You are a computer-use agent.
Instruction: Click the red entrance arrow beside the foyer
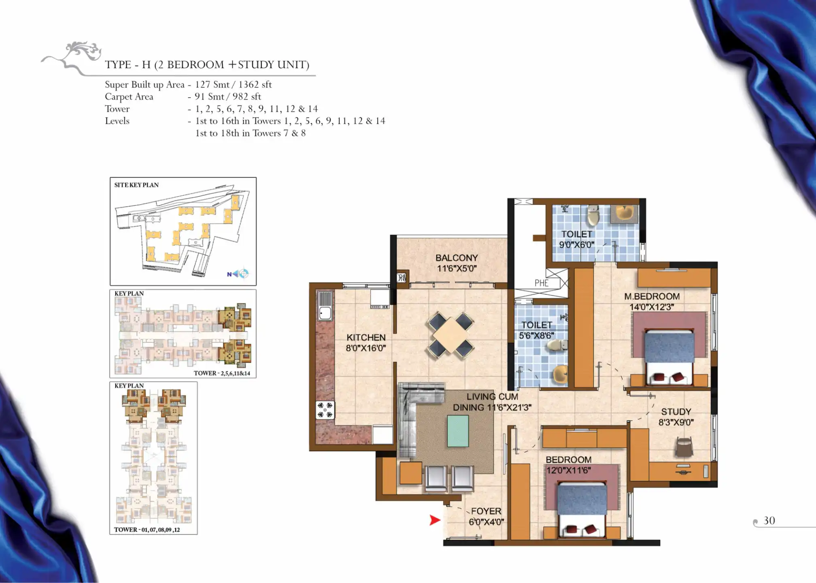tap(435, 520)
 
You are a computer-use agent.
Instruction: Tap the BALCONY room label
tap(457, 258)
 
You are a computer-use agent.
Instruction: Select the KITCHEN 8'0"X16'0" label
tap(366, 343)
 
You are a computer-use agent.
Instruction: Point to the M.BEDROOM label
tap(652, 296)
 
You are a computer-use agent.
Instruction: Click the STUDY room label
tap(676, 412)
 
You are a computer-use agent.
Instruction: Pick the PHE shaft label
tap(542, 283)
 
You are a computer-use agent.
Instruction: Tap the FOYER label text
tap(486, 511)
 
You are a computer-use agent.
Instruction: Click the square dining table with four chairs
tap(450, 336)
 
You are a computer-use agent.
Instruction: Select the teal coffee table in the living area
tap(458, 432)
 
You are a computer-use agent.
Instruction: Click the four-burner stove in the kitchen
tap(325, 410)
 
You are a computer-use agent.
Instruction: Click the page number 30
tap(769, 521)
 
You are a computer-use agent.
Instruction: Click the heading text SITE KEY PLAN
tap(136, 185)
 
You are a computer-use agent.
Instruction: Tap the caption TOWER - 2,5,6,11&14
tap(222, 373)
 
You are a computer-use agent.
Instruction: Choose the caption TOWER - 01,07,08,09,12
tap(147, 530)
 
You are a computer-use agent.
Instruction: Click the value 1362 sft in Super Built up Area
tap(255, 85)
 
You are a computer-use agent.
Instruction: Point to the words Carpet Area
tap(129, 97)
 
